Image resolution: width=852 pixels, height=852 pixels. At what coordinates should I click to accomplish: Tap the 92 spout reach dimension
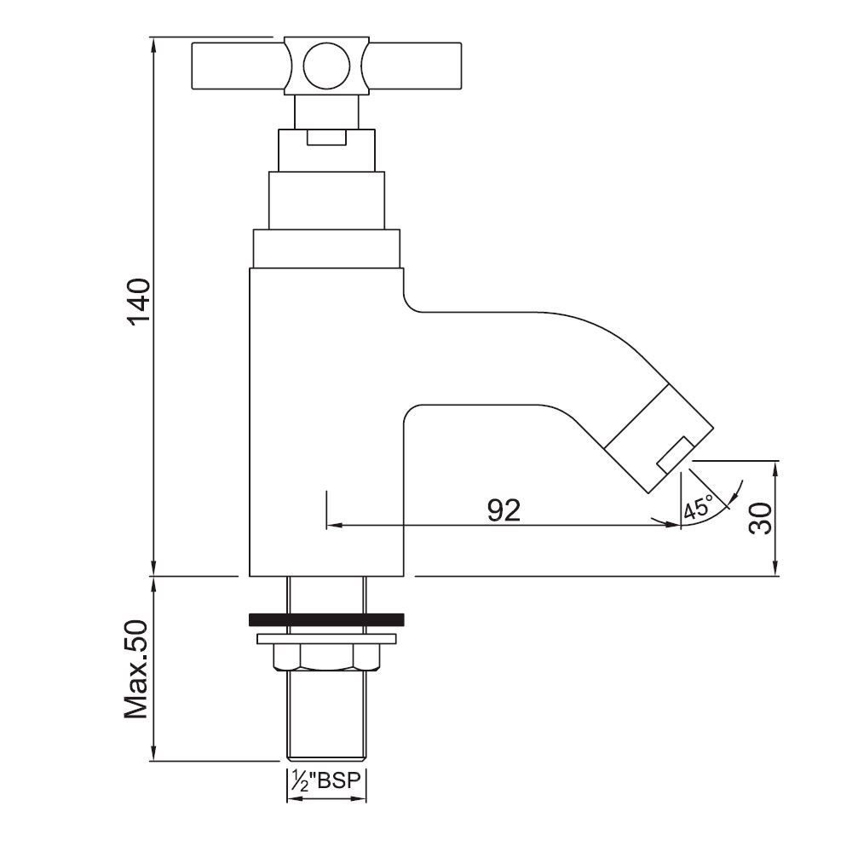pyautogui.click(x=504, y=509)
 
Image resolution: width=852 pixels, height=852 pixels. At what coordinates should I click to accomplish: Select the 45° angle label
pyautogui.click(x=697, y=509)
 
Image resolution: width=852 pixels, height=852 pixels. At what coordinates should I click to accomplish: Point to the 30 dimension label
pyautogui.click(x=761, y=517)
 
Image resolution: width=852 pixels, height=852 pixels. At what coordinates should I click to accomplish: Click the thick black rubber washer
pyautogui.click(x=325, y=619)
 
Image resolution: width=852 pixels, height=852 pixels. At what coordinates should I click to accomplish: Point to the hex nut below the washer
pyautogui.click(x=325, y=657)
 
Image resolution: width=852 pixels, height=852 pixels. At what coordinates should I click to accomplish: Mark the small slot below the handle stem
pyautogui.click(x=325, y=137)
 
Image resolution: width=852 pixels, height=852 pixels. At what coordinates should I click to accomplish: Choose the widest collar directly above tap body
pyautogui.click(x=325, y=249)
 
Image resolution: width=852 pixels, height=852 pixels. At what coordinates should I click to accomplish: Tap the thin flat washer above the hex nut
pyautogui.click(x=325, y=638)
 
